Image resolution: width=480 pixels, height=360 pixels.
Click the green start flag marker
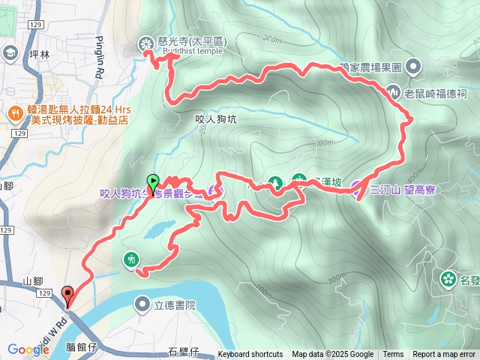tap(153, 181)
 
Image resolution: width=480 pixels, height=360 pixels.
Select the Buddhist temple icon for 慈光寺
tap(146, 44)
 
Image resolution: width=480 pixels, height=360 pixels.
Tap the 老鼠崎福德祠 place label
tap(436, 94)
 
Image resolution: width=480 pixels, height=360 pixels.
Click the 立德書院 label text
tap(175, 304)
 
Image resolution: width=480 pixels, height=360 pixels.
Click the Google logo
tap(28, 349)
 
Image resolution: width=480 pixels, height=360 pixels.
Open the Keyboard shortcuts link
tap(250, 355)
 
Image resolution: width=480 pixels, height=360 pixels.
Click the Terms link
tap(393, 355)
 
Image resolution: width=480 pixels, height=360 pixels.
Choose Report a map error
tap(444, 355)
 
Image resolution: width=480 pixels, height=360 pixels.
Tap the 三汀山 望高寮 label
tap(402, 190)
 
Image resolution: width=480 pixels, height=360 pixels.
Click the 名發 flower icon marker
tap(448, 280)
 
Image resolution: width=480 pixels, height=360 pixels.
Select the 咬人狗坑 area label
tap(215, 118)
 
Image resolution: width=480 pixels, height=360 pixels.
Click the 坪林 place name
tap(38, 76)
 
